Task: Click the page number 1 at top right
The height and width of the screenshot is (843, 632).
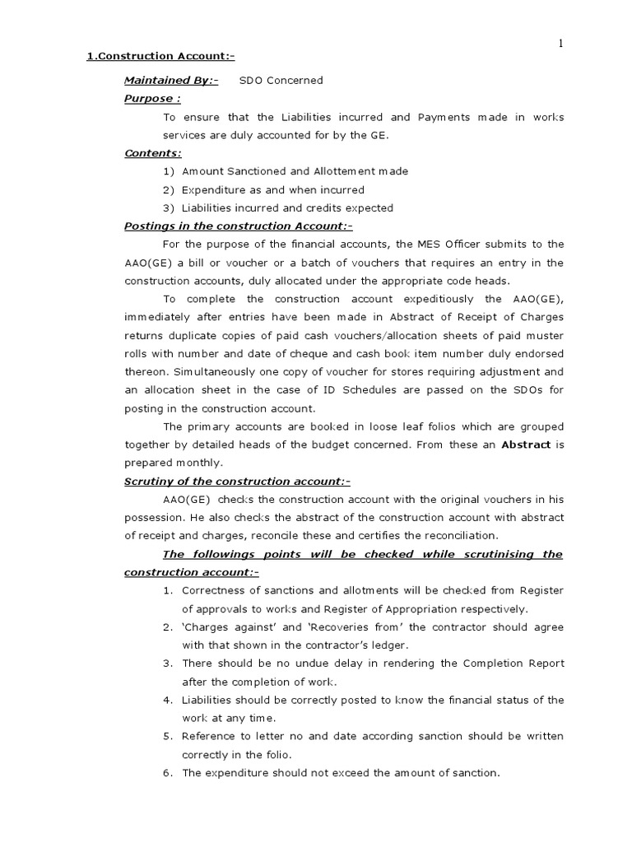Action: click(x=561, y=44)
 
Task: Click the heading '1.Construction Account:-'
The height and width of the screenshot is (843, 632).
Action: click(x=161, y=56)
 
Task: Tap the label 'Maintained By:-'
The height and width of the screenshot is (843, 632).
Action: click(x=171, y=81)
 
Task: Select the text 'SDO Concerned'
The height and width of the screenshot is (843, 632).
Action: click(x=281, y=81)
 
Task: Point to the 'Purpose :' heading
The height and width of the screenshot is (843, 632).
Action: click(x=152, y=99)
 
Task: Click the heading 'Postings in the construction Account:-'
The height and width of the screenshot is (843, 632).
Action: click(x=238, y=226)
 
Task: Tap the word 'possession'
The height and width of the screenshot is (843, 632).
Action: click(x=152, y=517)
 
